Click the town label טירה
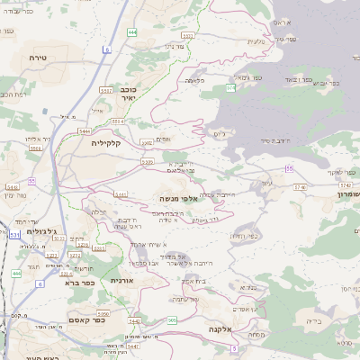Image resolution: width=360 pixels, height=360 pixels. [x=37, y=57]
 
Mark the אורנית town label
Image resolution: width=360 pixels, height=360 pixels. [x=122, y=281]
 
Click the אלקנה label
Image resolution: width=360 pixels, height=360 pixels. [x=219, y=329]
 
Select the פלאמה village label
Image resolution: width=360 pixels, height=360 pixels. [x=193, y=82]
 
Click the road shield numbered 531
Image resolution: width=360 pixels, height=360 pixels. [x=13, y=234]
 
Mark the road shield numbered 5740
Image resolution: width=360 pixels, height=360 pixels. [x=299, y=186]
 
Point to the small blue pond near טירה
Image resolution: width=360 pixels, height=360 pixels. [x=45, y=111]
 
